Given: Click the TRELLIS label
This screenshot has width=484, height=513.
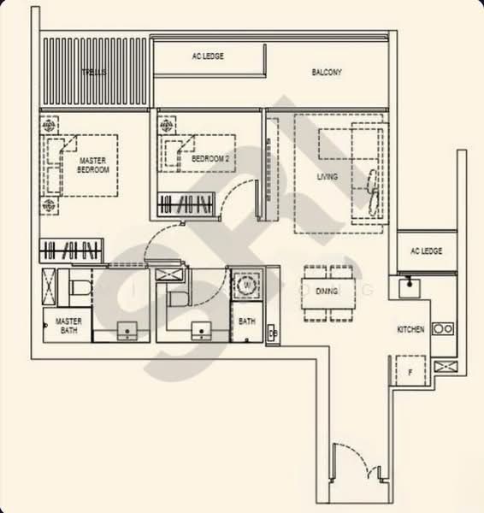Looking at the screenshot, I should [x=94, y=73].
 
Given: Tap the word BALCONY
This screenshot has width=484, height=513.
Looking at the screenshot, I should [x=327, y=73].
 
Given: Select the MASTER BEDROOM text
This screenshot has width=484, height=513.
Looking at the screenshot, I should [x=93, y=165].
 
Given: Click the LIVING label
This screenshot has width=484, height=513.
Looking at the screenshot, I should [x=327, y=177].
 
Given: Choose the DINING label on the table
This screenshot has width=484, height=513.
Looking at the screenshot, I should [x=326, y=292].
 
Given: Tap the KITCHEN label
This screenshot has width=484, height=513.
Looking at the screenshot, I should [x=410, y=329].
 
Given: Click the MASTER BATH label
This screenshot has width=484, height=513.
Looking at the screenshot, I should [x=68, y=325].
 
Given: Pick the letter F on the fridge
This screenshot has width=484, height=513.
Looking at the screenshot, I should [x=410, y=373].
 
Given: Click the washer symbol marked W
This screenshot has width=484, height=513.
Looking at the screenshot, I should [x=248, y=286].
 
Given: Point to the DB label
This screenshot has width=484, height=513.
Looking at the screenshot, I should [x=271, y=333].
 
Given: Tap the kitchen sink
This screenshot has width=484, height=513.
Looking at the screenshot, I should [x=410, y=285].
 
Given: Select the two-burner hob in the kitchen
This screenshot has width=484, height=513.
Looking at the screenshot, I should [x=442, y=328].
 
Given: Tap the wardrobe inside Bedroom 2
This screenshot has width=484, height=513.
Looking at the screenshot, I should [x=185, y=205].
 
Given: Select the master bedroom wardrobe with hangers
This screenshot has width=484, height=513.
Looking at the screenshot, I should [x=74, y=251].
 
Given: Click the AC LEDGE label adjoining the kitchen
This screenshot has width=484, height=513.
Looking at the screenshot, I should [x=426, y=251].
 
